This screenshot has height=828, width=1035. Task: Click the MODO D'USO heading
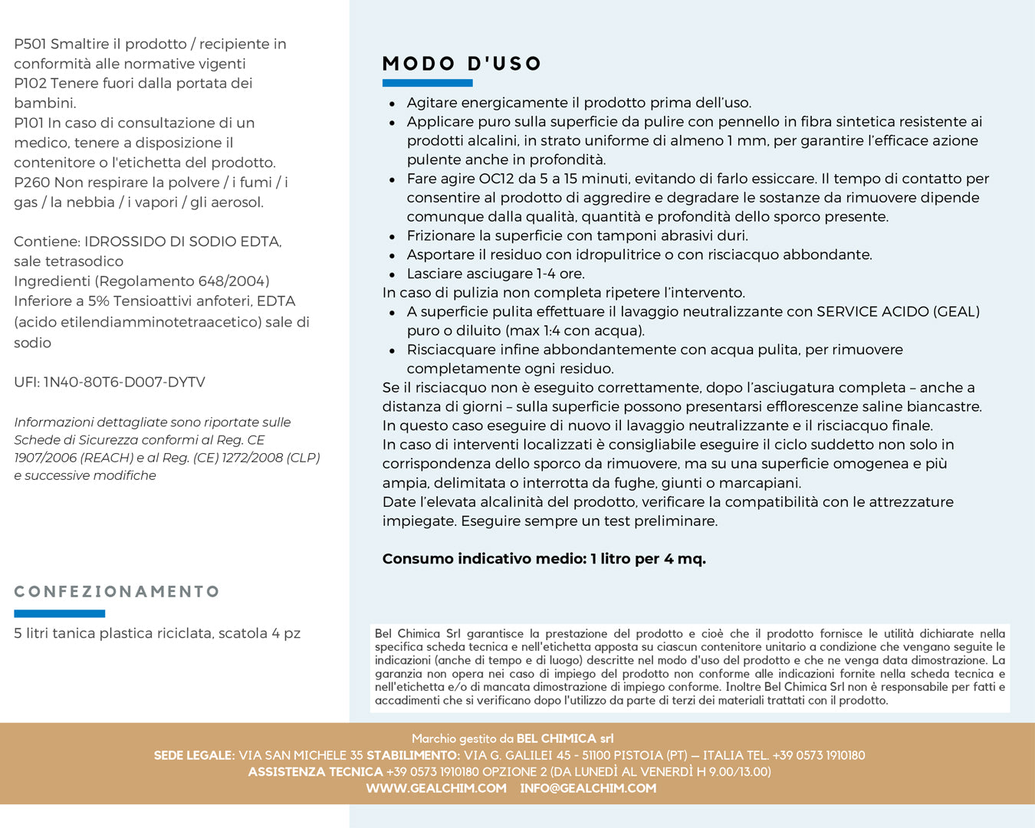462,64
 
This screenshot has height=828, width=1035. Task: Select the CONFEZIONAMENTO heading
117,592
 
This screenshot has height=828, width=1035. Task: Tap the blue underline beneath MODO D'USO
427,83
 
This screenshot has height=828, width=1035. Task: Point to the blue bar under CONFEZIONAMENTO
59,613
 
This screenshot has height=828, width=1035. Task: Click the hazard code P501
30,44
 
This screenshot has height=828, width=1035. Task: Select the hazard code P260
31,182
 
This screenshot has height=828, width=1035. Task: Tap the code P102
30,84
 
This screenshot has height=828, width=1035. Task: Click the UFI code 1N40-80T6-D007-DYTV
124,383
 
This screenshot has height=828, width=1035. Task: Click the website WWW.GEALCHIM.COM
436,788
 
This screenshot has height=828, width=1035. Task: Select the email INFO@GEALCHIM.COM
588,788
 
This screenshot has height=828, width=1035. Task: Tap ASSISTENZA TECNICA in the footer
315,772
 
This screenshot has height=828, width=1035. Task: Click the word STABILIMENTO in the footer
413,755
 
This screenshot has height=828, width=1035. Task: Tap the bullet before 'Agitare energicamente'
393,103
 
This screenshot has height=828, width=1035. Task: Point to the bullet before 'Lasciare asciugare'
393,274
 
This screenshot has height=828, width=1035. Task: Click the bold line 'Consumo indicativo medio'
544,559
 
